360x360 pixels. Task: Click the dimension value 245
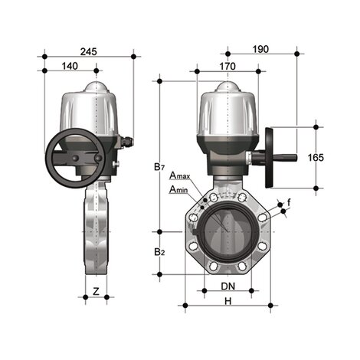pos(90,51)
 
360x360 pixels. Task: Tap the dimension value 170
pos(227,67)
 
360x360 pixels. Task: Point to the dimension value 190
pos(262,50)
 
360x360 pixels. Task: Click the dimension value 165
pos(315,157)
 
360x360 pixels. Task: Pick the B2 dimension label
pos(158,252)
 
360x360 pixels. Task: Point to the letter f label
pos(289,201)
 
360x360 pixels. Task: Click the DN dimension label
pos(227,286)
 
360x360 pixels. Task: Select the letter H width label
pos(227,302)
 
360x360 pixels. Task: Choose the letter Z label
pos(95,291)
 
